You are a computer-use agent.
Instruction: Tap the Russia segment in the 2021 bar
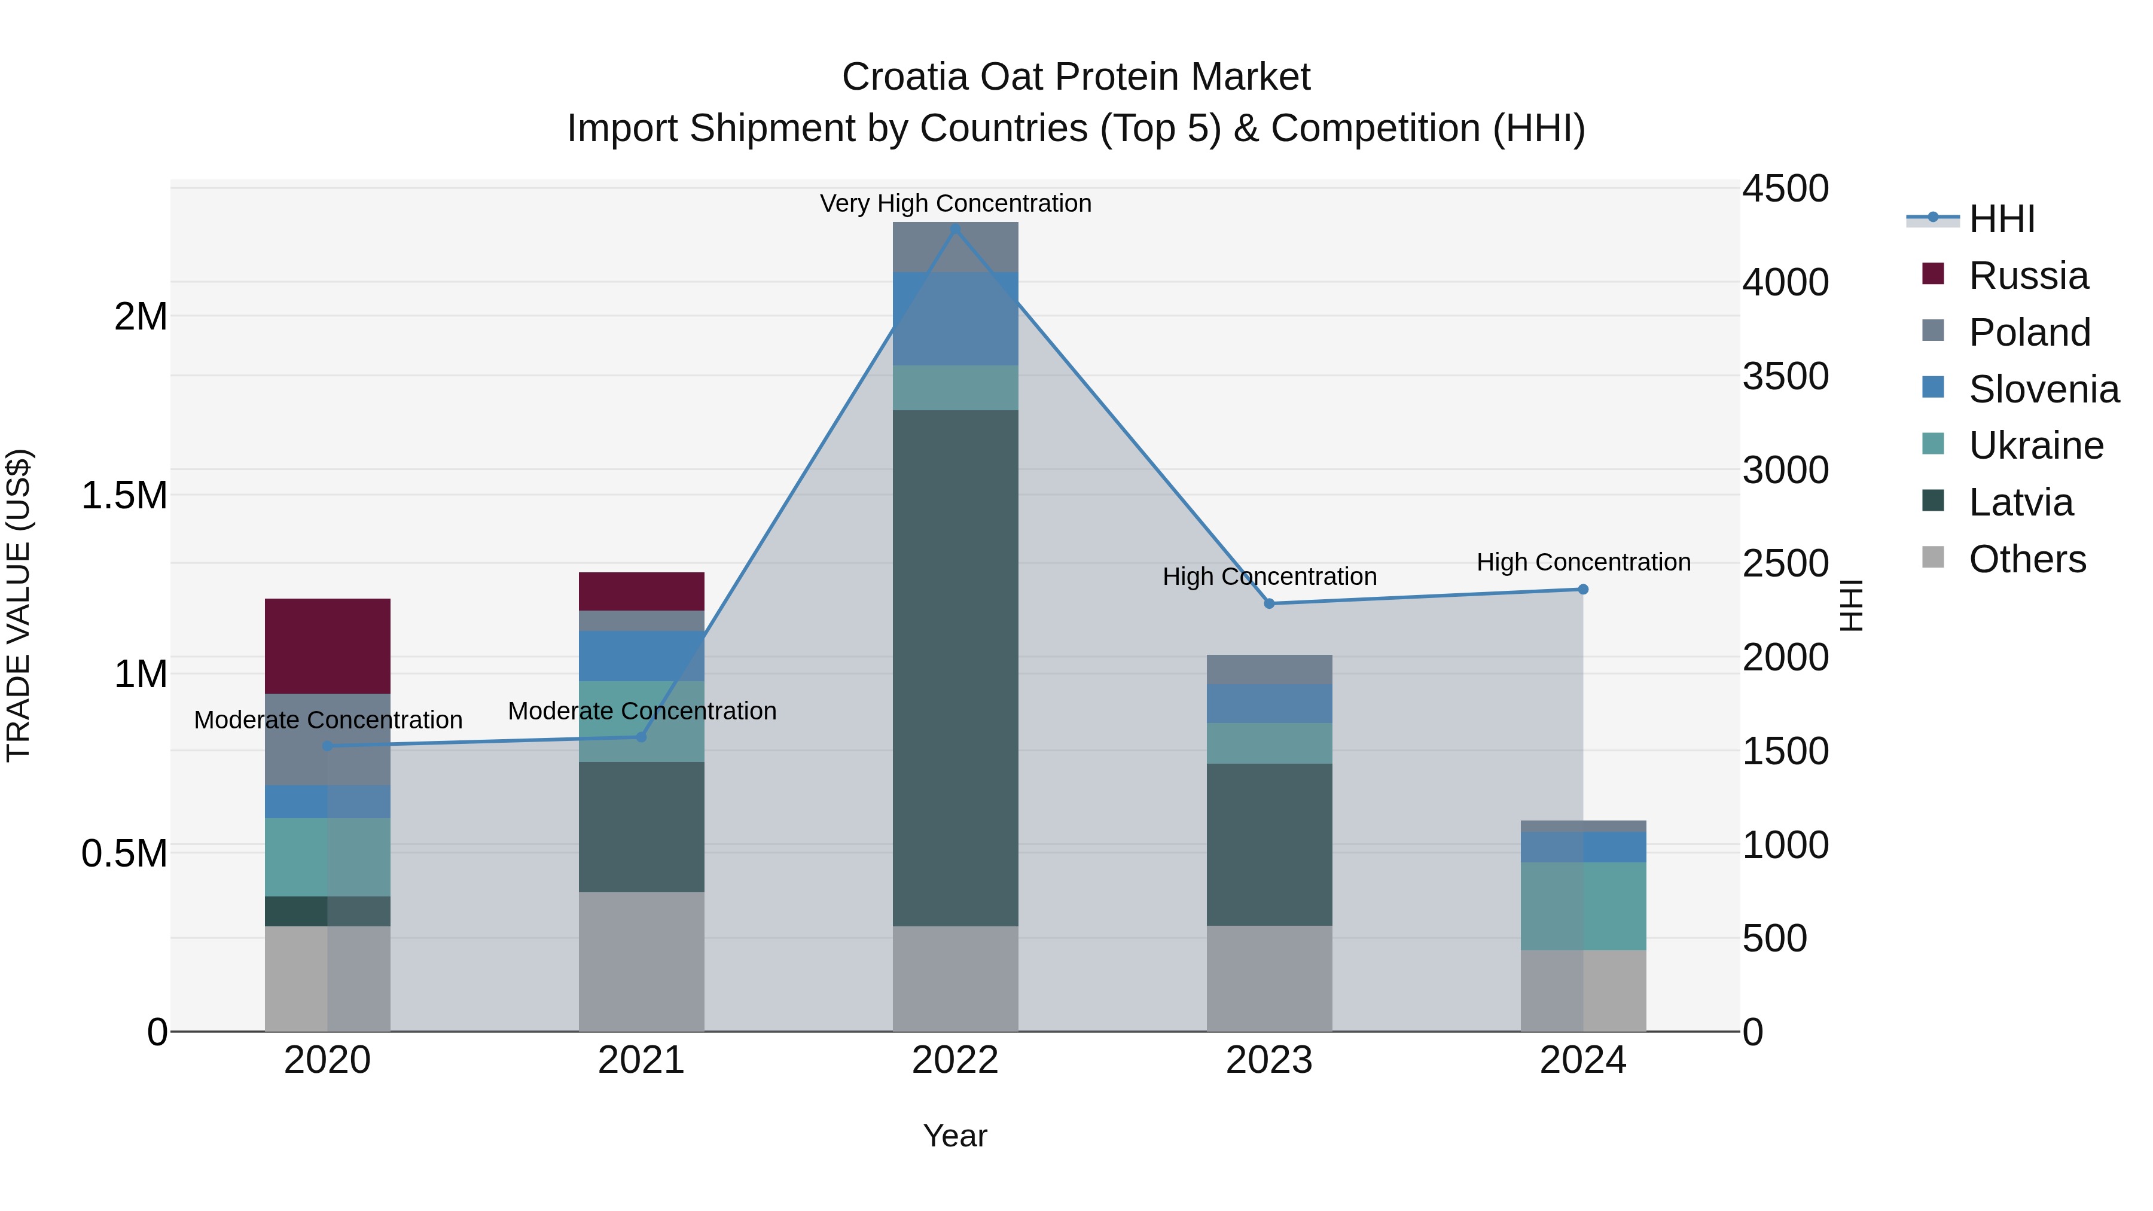pos(641,591)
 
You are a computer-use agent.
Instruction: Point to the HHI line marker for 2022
pos(955,228)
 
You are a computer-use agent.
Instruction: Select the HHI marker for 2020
pos(328,746)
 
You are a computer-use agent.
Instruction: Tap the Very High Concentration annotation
pos(955,203)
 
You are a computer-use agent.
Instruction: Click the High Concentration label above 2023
pos(1268,576)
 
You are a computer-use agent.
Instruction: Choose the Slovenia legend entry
pos(2043,389)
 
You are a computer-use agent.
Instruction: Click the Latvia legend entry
pos(2020,502)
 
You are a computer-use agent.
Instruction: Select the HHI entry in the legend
pos(2001,219)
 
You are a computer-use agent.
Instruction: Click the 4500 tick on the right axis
pos(1785,188)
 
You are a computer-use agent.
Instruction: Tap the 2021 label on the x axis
pos(641,1060)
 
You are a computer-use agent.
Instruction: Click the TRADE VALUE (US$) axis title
pos(19,605)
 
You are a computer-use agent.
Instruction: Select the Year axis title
pos(954,1136)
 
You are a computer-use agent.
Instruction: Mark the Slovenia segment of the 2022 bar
pos(954,318)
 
